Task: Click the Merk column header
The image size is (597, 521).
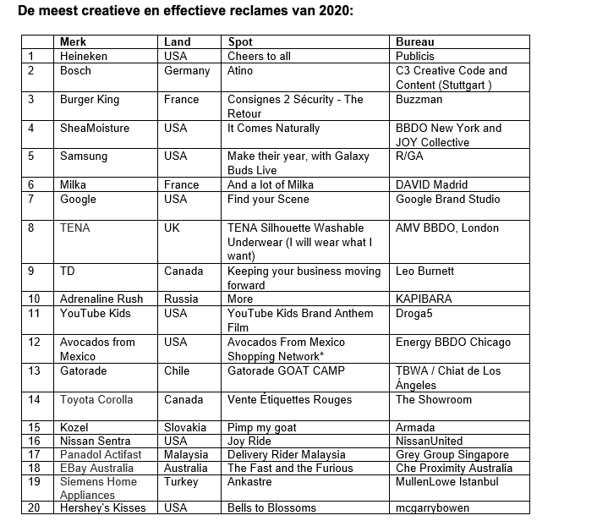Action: [73, 41]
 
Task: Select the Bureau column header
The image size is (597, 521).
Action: [414, 41]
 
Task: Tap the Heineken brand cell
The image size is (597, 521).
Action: [84, 56]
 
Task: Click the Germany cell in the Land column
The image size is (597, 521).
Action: [187, 71]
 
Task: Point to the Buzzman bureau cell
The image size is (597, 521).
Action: [419, 100]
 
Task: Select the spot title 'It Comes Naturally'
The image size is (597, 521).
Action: [273, 129]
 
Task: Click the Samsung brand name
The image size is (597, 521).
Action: [84, 156]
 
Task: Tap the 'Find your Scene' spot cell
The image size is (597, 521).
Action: [268, 200]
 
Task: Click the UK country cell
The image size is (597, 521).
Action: [173, 228]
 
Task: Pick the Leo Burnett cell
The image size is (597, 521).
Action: [425, 271]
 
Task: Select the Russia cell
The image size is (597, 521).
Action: [181, 299]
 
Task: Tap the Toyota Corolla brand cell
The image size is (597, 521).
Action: [96, 400]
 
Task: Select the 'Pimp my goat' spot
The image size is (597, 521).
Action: [262, 428]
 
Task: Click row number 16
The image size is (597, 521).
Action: [35, 441]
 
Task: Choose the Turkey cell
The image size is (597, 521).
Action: [181, 482]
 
